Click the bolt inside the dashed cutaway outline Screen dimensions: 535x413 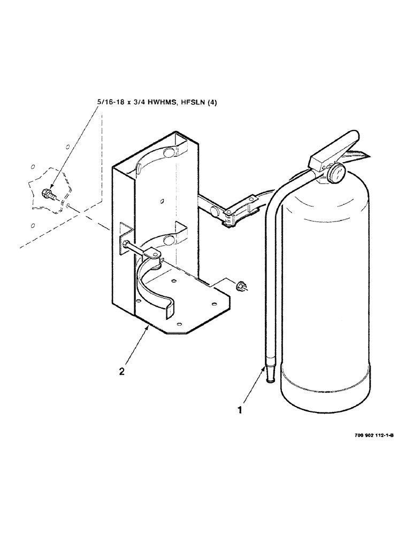[47, 193]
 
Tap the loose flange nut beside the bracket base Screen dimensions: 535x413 [241, 286]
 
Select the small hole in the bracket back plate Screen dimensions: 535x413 [162, 201]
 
